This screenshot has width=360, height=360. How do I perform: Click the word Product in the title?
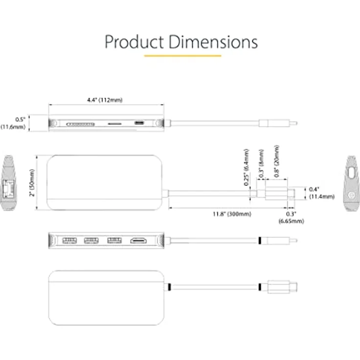pos(135,42)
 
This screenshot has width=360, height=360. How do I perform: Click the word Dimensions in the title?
pos(213,42)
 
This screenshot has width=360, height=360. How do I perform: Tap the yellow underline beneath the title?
pos(183,56)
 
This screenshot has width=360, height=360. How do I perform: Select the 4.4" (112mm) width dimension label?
pos(105,100)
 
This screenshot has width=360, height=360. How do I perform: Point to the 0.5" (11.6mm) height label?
pos(13,123)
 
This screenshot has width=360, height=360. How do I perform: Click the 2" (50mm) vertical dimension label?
pos(32,183)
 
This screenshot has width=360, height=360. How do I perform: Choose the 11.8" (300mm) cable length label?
pos(232,214)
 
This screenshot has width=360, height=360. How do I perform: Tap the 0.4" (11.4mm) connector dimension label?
pos(322,193)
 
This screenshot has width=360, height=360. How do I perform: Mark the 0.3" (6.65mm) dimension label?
pos(292,218)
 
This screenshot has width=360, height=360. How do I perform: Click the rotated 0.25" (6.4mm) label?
pos(247,167)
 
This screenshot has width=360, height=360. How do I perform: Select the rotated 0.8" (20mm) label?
pos(277,161)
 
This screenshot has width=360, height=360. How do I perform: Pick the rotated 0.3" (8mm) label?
pos(261,164)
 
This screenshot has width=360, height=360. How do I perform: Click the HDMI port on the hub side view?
pos(138,241)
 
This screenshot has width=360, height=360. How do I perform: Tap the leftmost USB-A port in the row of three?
pos(69,241)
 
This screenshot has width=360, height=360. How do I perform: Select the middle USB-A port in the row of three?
pos(91,241)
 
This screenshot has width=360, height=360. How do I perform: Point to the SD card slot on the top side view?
pos(80,124)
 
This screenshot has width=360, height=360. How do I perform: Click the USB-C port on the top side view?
pos(139,123)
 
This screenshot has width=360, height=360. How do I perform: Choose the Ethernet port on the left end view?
pos(8,189)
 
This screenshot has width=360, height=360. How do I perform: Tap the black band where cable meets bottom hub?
pos(170,287)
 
